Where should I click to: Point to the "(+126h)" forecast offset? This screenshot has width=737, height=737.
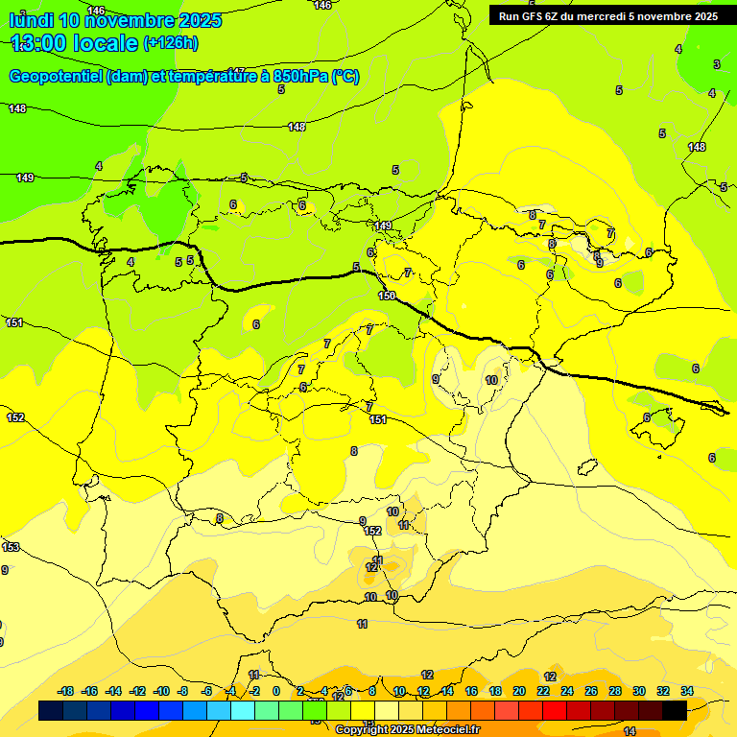click(x=171, y=43)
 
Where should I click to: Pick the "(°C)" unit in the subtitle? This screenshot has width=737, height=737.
click(x=345, y=77)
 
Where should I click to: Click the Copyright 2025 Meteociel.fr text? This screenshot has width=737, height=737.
click(x=407, y=729)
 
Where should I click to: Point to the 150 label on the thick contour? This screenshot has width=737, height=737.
click(x=387, y=296)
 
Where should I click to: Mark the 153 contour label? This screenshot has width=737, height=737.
click(x=11, y=547)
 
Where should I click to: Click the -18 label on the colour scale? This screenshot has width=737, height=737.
click(x=66, y=691)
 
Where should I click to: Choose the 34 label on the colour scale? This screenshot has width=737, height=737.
click(x=687, y=691)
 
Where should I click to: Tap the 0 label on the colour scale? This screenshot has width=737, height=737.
click(x=276, y=691)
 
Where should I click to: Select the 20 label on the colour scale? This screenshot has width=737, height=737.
click(x=518, y=691)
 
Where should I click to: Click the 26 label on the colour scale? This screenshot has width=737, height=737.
click(x=591, y=691)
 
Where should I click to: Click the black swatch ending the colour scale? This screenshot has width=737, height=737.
click(x=675, y=711)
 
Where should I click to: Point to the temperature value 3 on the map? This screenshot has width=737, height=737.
click(x=716, y=64)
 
